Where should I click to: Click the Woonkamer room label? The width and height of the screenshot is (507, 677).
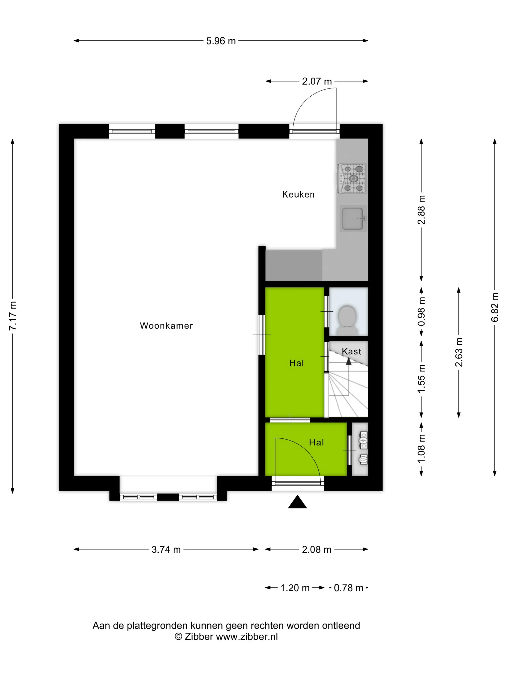[x=166, y=326]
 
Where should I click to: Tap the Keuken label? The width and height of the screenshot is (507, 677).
[x=298, y=194]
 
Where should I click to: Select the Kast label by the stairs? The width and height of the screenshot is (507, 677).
[x=352, y=351]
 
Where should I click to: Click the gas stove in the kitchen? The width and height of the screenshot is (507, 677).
[x=352, y=178]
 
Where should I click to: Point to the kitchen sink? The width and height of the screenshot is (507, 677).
[x=353, y=219]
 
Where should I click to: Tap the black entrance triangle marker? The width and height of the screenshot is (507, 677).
[x=297, y=502]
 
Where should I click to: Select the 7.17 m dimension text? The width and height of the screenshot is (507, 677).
[x=13, y=316]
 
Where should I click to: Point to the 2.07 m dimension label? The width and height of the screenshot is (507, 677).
[x=317, y=81]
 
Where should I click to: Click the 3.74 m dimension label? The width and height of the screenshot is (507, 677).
[x=166, y=550]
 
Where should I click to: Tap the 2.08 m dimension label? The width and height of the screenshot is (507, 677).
[x=317, y=550]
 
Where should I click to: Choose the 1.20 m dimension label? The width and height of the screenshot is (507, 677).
[x=295, y=588]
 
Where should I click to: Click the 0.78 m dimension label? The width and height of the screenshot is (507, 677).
[x=348, y=588]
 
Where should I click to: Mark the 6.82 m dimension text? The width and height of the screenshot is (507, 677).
[x=495, y=307]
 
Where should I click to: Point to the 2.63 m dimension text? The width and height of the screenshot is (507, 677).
[x=459, y=352]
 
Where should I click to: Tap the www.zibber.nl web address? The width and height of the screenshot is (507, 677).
[x=247, y=637]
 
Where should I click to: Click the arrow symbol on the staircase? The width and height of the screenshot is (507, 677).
[x=348, y=361]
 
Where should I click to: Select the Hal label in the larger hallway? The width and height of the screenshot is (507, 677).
[x=296, y=363]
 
